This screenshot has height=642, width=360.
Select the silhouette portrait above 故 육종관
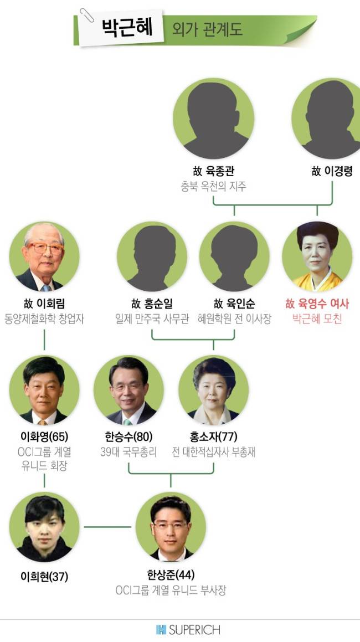tap(213, 119)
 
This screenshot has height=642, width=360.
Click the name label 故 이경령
tap(332, 171)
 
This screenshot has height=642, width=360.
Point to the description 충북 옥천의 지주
tap(213, 187)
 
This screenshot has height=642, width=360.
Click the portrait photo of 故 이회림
tap(44, 257)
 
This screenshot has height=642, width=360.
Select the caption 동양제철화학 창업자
tap(44, 319)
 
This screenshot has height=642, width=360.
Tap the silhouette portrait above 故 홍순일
tap(152, 257)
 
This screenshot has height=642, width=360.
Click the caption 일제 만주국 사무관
tap(152, 319)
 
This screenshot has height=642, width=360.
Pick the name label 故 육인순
tap(234, 304)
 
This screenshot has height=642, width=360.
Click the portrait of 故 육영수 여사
tap(317, 257)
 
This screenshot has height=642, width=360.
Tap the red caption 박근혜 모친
tap(317, 319)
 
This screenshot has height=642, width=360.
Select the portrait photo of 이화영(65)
tap(44, 391)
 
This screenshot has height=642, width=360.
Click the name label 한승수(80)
tap(128, 436)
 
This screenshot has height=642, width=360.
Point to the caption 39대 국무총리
tap(128, 452)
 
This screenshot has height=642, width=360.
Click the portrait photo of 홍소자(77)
tap(213, 391)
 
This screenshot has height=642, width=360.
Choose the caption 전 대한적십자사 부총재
tap(213, 452)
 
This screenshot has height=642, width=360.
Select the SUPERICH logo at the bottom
tap(188, 630)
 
